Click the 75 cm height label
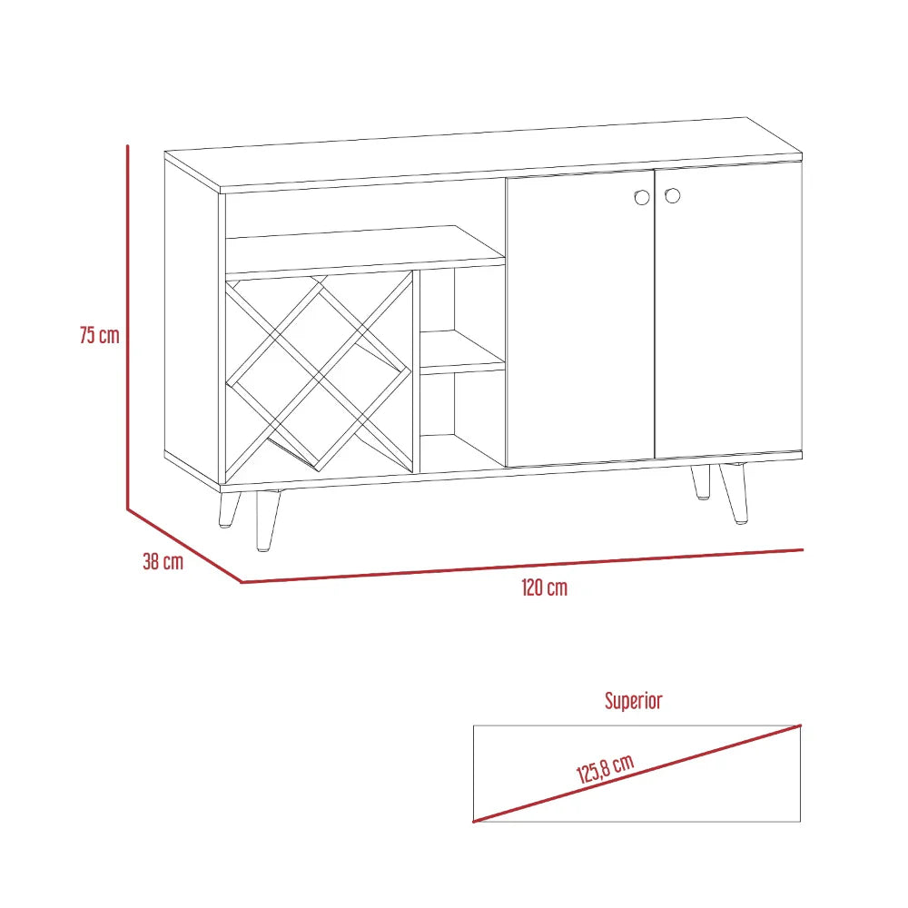click(99, 335)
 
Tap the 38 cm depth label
click(163, 562)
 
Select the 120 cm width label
click(544, 587)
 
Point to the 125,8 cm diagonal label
click(605, 770)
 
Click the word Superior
click(634, 701)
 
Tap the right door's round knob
click(672, 195)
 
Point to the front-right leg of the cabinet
click(735, 495)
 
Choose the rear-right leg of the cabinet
click(701, 481)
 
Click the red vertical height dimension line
click(128, 327)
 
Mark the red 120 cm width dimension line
click(522, 566)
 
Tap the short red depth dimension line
click(184, 545)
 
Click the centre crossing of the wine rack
click(320, 372)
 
